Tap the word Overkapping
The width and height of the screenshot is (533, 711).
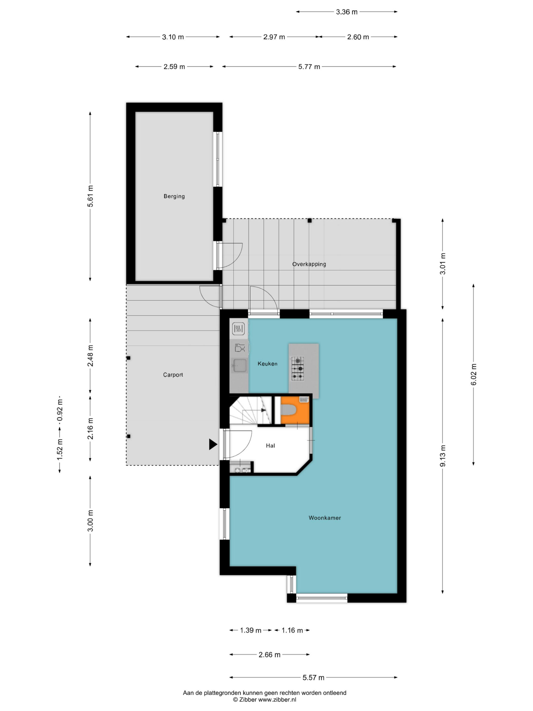309,264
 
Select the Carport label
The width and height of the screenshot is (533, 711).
173,375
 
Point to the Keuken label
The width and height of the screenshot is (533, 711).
267,364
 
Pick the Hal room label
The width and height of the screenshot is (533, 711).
270,445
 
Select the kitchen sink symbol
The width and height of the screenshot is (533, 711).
240,365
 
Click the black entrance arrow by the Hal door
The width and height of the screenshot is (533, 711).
213,444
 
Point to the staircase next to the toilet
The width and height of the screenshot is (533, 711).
250,411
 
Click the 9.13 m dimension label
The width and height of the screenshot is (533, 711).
443,456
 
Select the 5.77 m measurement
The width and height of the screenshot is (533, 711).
309,67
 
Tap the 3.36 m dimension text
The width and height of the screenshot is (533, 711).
347,12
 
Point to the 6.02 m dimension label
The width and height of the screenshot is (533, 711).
474,375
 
